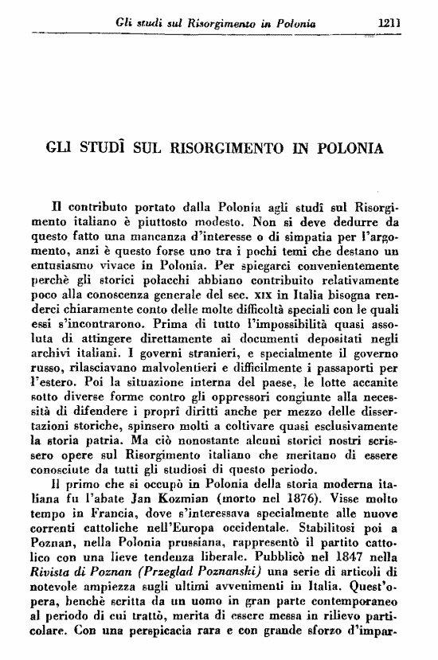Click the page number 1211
click(x=388, y=24)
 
